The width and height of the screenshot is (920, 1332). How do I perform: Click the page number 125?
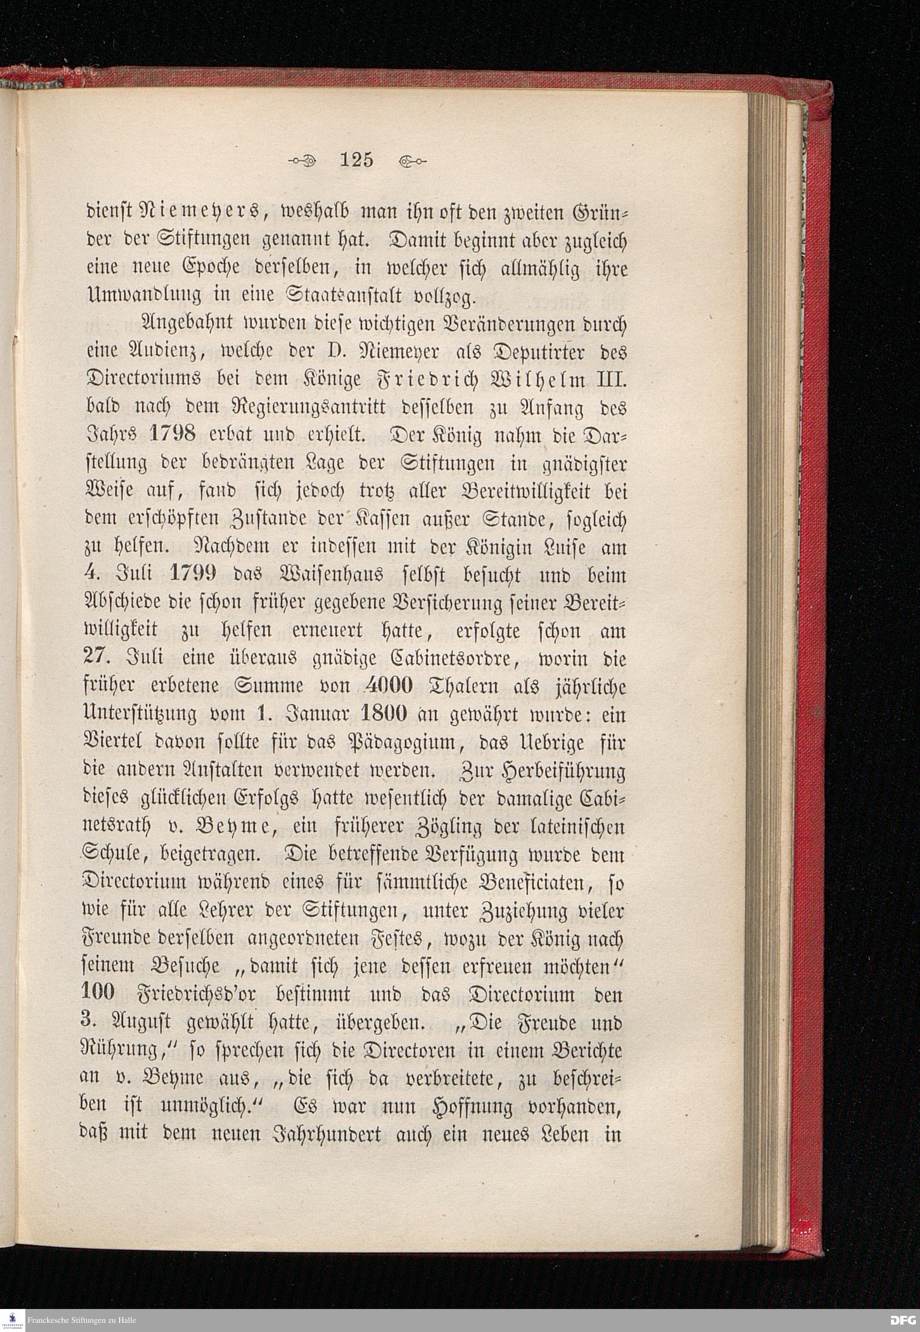coord(357,159)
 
